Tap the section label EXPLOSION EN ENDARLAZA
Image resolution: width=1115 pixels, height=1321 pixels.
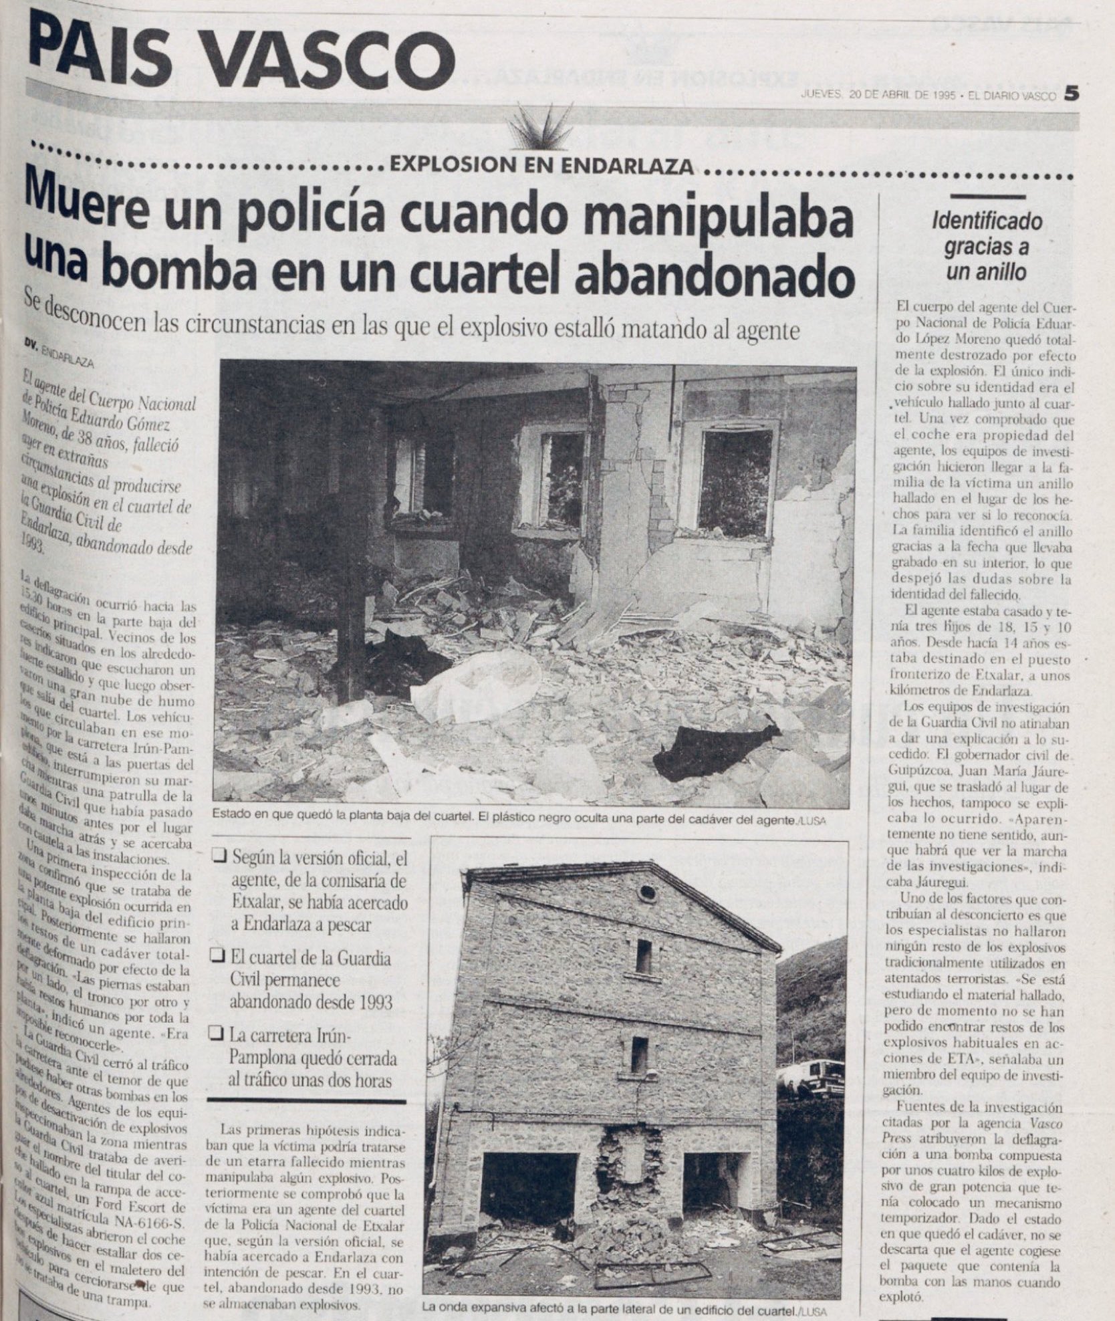(541, 165)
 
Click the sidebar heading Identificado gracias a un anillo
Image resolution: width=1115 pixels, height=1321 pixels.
(987, 247)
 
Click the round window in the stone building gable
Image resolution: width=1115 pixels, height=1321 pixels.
(646, 892)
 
